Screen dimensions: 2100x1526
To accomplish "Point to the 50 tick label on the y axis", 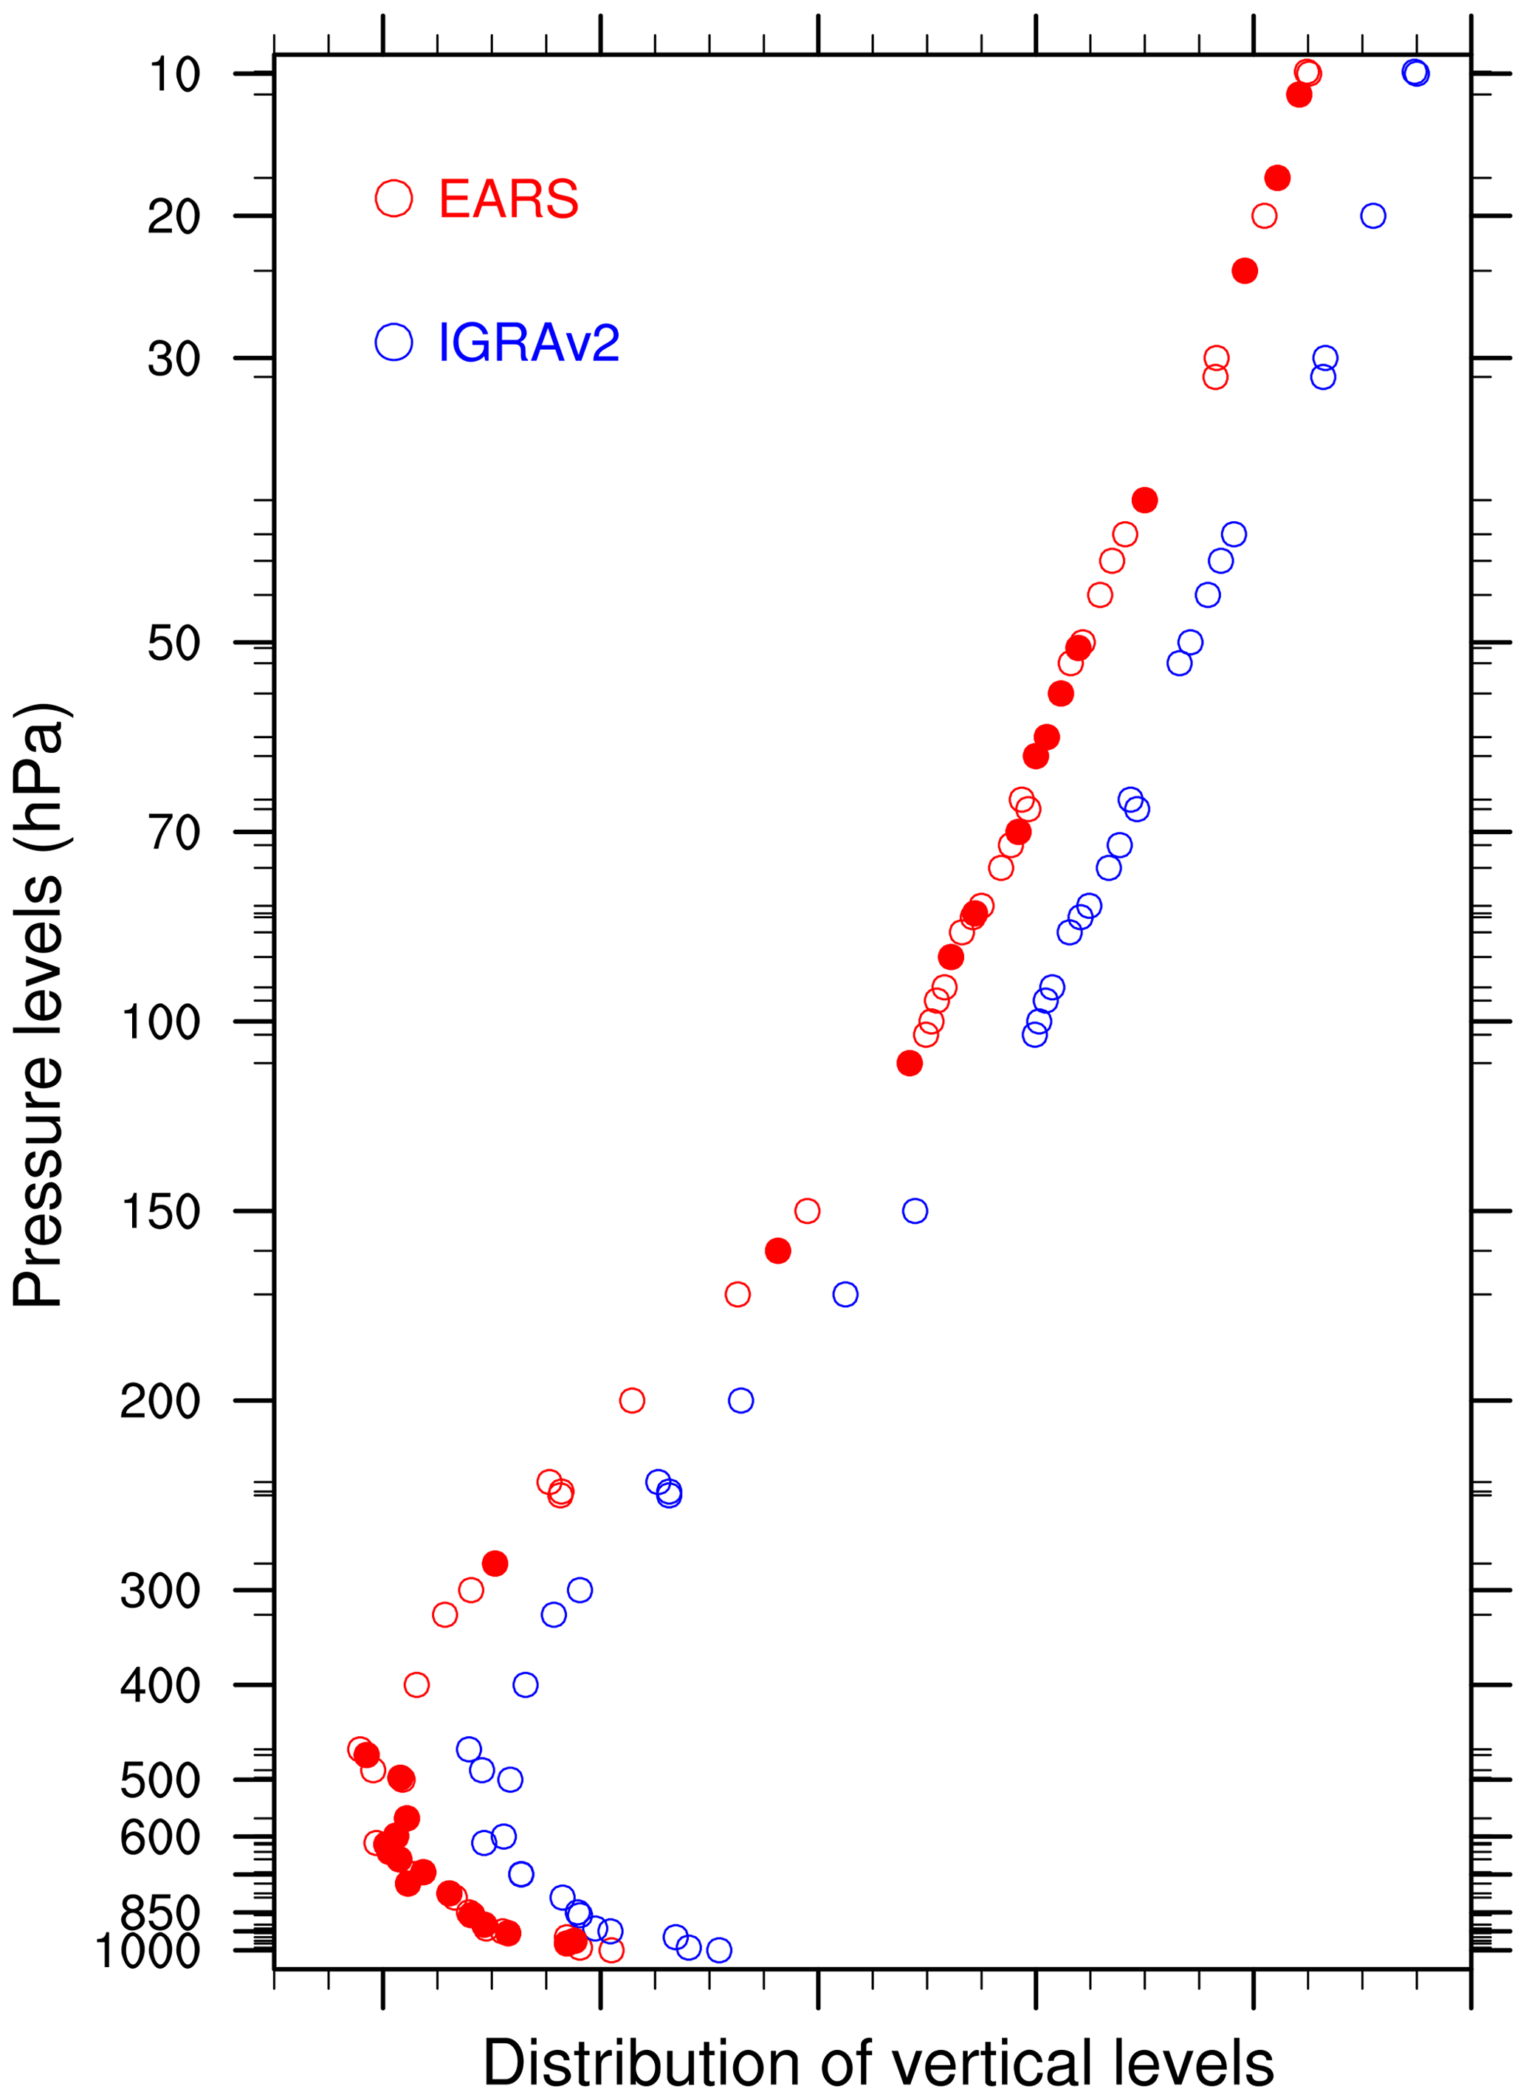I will (174, 644).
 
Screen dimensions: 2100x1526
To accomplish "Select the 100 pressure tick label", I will (161, 1023).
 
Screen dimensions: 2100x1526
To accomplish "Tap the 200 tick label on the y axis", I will (161, 1402).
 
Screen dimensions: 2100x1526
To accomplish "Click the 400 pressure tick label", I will (161, 1686).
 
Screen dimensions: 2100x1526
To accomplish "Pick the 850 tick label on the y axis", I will (161, 1913).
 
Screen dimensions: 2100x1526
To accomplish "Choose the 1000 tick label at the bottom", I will (148, 1952).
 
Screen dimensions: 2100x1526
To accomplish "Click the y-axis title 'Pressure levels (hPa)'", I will (39, 1005).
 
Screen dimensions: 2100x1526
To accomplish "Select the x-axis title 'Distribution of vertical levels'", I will (878, 2064).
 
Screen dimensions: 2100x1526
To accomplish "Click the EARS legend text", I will (509, 199).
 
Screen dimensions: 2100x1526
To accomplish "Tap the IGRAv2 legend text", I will (529, 343).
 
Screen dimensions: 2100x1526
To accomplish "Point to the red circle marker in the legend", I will (393, 198).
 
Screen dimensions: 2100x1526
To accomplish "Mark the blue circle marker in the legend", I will (393, 342).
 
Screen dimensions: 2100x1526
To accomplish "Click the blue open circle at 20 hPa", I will (1372, 216).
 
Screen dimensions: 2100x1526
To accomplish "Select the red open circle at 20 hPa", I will (1264, 216).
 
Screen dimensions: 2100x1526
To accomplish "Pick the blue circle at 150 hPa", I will (915, 1211).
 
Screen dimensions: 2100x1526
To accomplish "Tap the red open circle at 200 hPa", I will (631, 1401).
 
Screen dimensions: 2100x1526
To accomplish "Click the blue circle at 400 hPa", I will (525, 1685).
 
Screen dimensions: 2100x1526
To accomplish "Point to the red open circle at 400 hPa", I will (416, 1685).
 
